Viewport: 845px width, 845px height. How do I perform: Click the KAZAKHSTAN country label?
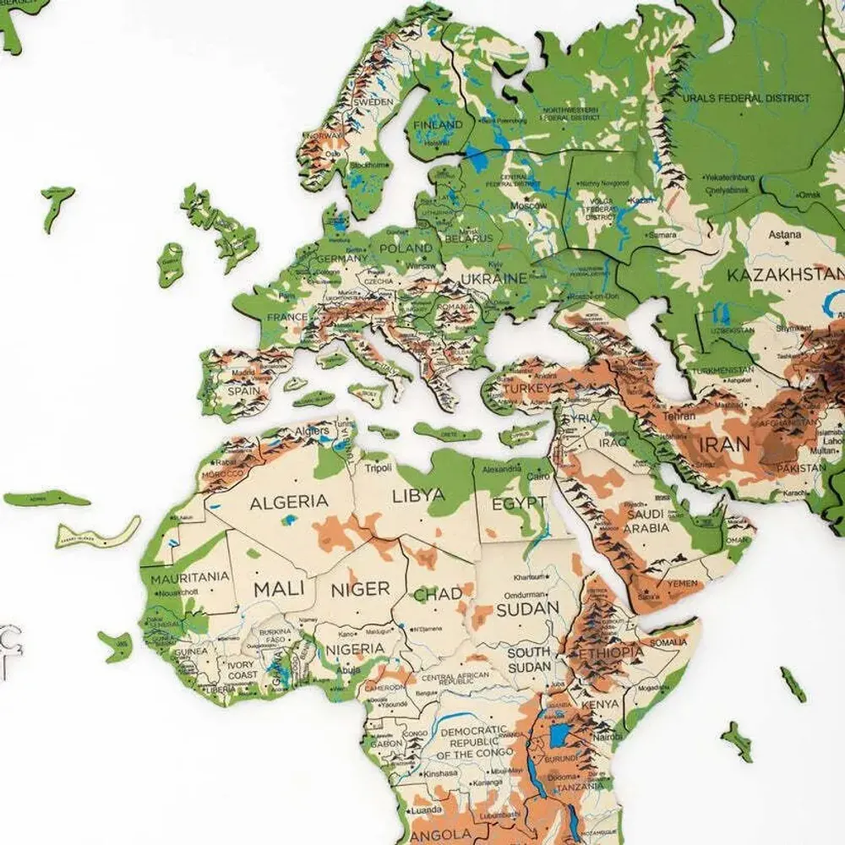pos(785,275)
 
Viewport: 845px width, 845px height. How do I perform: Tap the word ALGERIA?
pos(289,501)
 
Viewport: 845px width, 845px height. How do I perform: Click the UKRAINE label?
pos(494,277)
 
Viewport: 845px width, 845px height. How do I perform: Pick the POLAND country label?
pos(405,249)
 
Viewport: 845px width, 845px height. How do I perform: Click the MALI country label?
pos(273,587)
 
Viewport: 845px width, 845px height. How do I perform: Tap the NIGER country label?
pos(360,589)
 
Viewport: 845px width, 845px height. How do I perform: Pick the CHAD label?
pos(438,594)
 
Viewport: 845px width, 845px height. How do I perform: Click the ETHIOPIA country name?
pos(611,653)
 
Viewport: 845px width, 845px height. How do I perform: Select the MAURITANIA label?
pos(190,577)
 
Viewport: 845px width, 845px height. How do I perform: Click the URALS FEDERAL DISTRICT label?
pos(746,98)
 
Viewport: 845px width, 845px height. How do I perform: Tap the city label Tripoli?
pos(379,468)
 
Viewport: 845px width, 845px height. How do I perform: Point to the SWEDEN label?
pos(373,101)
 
